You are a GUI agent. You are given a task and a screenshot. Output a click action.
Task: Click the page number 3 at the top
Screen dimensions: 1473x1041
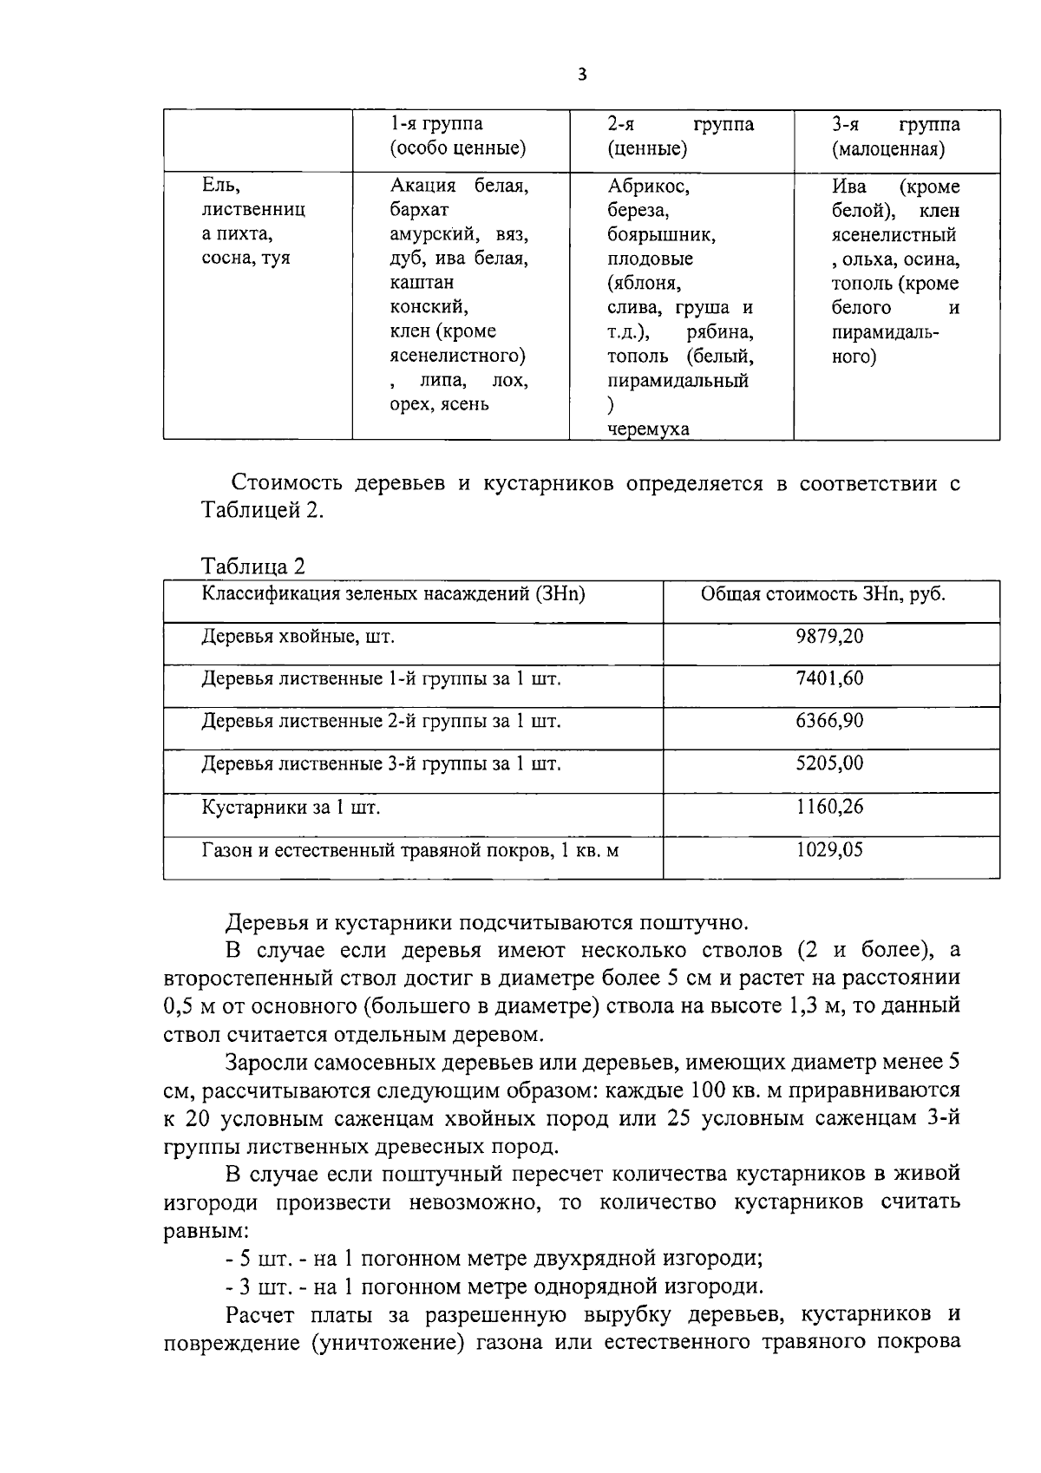pyautogui.click(x=581, y=75)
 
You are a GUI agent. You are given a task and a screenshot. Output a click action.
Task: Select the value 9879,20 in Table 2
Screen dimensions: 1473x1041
pyautogui.click(x=829, y=636)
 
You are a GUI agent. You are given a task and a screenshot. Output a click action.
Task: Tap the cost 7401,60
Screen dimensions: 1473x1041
pyautogui.click(x=829, y=678)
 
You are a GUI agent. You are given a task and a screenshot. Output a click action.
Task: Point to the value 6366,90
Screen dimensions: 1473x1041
pyautogui.click(x=829, y=721)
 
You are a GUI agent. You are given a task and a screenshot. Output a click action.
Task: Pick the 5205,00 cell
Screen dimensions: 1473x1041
pyautogui.click(x=829, y=763)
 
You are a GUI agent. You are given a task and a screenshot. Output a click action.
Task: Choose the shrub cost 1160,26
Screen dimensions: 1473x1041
pyautogui.click(x=829, y=807)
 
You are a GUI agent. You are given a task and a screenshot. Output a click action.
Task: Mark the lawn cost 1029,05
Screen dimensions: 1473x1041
pyautogui.click(x=829, y=849)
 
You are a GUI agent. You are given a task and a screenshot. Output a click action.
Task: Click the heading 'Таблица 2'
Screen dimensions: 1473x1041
pyautogui.click(x=252, y=566)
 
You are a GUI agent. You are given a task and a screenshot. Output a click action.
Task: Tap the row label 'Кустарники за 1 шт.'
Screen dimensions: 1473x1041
pyautogui.click(x=291, y=808)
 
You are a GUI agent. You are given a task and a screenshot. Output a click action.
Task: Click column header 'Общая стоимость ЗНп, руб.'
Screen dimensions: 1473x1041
pyautogui.click(x=822, y=594)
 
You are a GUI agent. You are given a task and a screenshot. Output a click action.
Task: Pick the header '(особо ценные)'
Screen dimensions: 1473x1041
pyautogui.click(x=457, y=148)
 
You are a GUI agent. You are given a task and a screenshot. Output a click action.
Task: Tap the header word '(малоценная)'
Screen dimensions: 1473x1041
pyautogui.click(x=887, y=149)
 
